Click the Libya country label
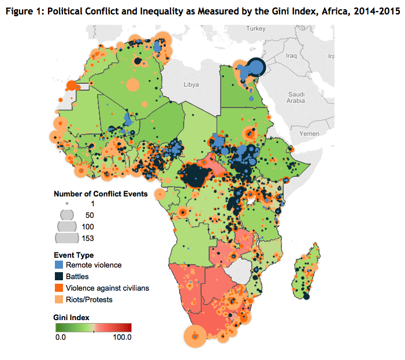pyautogui.click(x=191, y=84)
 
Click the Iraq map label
pyautogui.click(x=290, y=56)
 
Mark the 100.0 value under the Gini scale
pyautogui.click(x=122, y=337)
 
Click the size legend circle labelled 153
pyautogui.click(x=68, y=237)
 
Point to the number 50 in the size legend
pyautogui.click(x=89, y=215)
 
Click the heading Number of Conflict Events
pyautogui.click(x=101, y=194)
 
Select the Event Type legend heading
pyautogui.click(x=73, y=255)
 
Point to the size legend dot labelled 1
pyautogui.click(x=68, y=204)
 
